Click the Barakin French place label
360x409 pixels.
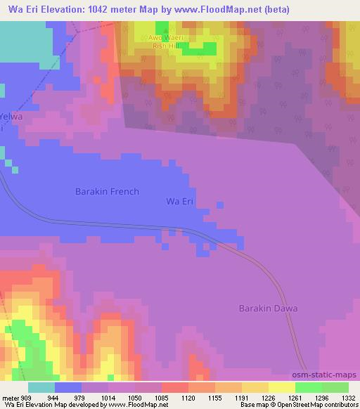(x=107, y=191)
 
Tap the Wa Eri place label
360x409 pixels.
(x=179, y=202)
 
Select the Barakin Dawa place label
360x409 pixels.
(x=268, y=309)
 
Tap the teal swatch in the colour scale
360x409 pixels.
(x=41, y=387)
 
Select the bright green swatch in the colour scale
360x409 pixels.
(x=309, y=387)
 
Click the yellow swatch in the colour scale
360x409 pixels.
(x=282, y=387)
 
